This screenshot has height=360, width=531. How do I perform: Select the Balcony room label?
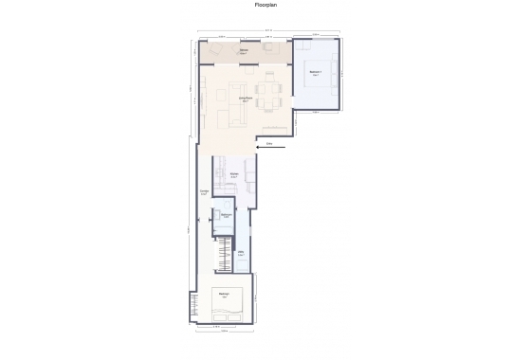[244, 51]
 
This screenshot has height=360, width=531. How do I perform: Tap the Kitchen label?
[233, 175]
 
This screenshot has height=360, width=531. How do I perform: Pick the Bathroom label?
[226, 216]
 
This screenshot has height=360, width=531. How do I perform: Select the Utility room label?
[242, 253]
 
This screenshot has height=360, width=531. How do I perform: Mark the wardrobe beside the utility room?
[225, 254]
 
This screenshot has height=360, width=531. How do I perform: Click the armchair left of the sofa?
[221, 115]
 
